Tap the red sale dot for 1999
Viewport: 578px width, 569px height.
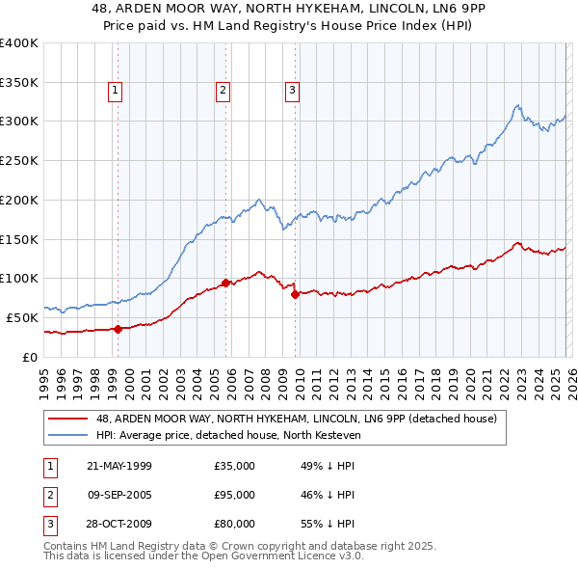pyautogui.click(x=118, y=329)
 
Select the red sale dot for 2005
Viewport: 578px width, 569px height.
pyautogui.click(x=225, y=283)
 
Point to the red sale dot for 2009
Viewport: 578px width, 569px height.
pyautogui.click(x=296, y=294)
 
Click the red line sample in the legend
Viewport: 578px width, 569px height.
pyautogui.click(x=68, y=419)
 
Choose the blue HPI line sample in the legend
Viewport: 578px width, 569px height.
pyautogui.click(x=68, y=434)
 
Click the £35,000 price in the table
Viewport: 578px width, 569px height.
pyautogui.click(x=235, y=466)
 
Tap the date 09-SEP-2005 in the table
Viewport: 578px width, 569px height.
pyautogui.click(x=119, y=495)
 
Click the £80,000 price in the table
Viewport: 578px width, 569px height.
pyautogui.click(x=235, y=524)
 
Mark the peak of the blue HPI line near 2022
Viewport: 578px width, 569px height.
pyautogui.click(x=518, y=105)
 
